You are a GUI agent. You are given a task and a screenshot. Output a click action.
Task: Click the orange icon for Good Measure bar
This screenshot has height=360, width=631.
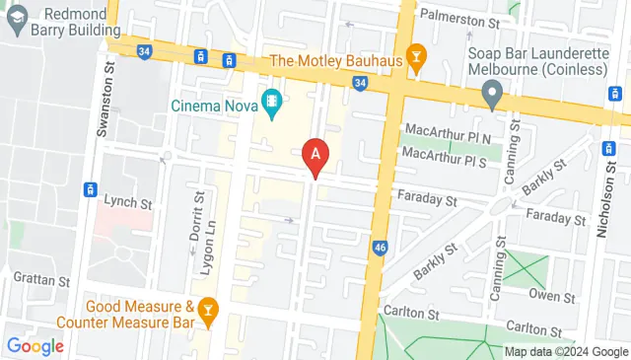pyautogui.click(x=208, y=311)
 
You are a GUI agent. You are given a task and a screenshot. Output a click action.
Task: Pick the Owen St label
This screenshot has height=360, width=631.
pyautogui.click(x=553, y=295)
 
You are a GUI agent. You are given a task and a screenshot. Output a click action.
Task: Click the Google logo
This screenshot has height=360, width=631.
pyautogui.click(x=35, y=346)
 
